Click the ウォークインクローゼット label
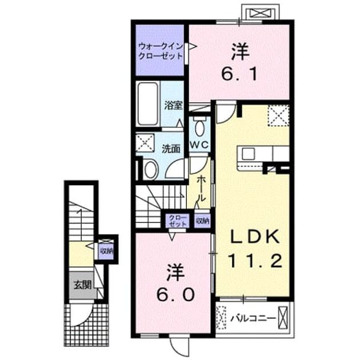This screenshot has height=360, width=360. point(161,51)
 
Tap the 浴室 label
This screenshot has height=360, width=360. point(173,105)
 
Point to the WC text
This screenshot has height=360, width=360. point(199,145)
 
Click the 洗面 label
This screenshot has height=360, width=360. point(171,149)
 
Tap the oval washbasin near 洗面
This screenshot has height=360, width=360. point(151,170)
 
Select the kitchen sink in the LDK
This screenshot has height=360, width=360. point(248,154)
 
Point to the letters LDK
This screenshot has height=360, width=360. point(255,237)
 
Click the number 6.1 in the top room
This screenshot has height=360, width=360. point(239,74)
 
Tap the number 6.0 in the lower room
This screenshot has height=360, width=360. point(176,294)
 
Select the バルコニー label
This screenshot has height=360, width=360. point(253,318)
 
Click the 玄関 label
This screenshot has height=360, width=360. point(83,285)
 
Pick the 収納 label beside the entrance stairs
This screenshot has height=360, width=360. point(106,251)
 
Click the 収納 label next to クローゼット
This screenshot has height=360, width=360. point(202,221)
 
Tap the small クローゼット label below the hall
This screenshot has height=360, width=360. point(178,221)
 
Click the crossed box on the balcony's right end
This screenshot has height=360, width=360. point(283,318)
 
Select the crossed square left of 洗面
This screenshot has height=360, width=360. point(145,143)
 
